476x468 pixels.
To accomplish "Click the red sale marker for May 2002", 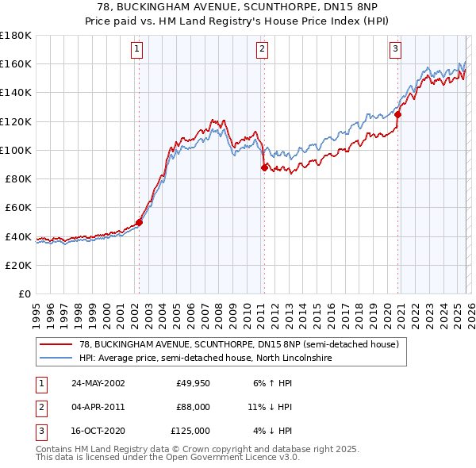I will tap(139, 222).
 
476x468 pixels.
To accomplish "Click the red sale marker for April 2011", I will tap(263, 167).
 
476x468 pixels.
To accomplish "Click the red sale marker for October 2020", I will tap(397, 114).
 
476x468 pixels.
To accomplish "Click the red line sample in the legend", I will tap(56, 345).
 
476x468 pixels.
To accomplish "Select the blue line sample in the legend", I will tap(56, 358).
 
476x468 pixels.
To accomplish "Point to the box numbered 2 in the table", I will tap(40, 407).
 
